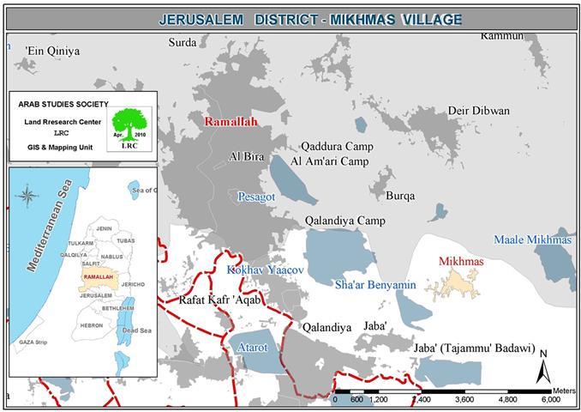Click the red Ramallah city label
tap(231, 122)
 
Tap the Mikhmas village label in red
tap(460, 261)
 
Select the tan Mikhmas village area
tap(452, 283)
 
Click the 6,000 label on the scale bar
tap(549, 399)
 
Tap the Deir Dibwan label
tap(478, 111)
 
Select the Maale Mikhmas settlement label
tap(532, 239)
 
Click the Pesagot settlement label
tap(256, 197)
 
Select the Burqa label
tap(400, 196)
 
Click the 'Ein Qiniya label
tap(53, 51)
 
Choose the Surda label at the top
tap(183, 42)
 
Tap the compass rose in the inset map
tap(27, 195)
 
